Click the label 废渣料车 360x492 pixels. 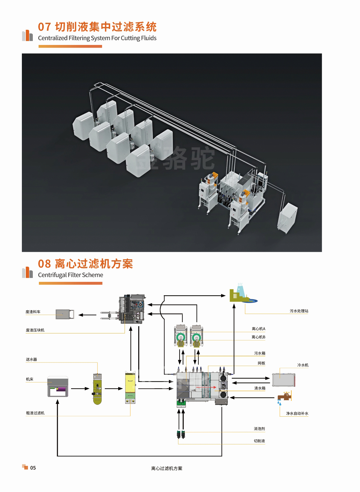pos(33,312)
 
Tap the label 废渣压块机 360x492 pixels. pos(35,330)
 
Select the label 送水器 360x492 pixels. pos(31,359)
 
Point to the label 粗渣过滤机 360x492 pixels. pos(35,413)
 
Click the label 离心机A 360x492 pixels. pos(258,329)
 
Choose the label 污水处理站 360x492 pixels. pos(299,311)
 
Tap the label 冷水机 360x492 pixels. pos(303,365)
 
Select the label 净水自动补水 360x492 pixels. pos(297,413)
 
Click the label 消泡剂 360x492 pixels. pos(259,429)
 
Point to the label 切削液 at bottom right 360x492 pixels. pos(259,441)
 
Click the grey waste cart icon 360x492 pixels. pos(65,314)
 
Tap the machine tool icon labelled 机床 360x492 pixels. pos(58,386)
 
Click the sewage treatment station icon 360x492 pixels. pos(242,295)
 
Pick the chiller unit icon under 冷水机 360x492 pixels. pos(283,380)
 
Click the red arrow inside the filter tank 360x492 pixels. pos(206,387)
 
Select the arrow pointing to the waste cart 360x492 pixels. pos(87,315)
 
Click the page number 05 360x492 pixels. pos(33,468)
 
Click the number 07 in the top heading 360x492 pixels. pos(44,27)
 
